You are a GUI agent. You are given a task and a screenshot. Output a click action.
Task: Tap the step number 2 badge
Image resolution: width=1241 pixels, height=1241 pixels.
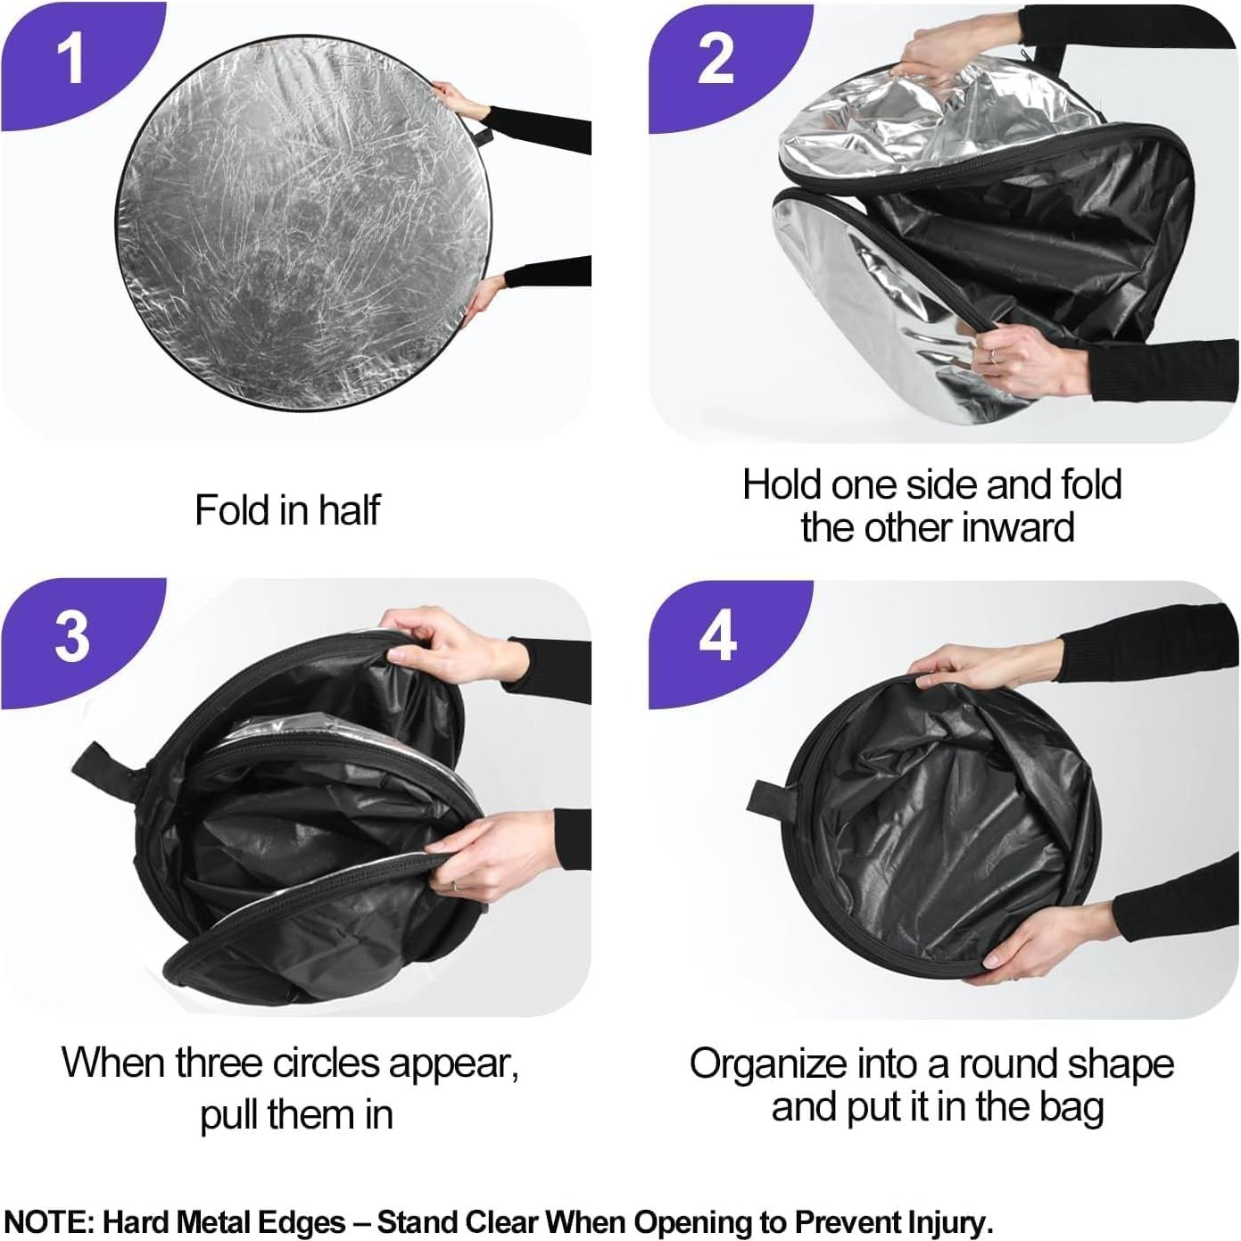point(715,60)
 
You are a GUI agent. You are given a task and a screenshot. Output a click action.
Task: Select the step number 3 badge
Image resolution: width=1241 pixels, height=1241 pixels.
point(71,637)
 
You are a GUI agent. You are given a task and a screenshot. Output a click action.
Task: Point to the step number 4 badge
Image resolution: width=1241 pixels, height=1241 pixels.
point(716,637)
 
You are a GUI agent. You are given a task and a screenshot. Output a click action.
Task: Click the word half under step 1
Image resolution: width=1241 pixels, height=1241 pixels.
point(348,510)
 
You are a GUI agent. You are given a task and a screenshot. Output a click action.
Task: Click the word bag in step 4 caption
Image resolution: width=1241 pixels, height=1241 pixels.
point(1070,1107)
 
